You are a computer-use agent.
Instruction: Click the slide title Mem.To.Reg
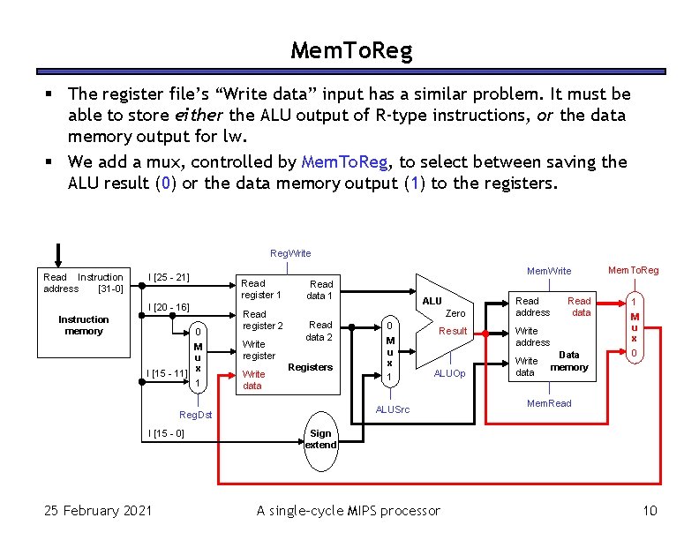click(x=351, y=51)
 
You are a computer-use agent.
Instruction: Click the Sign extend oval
click(x=320, y=439)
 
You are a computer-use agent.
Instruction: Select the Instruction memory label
click(x=84, y=325)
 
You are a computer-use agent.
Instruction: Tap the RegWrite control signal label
click(x=290, y=253)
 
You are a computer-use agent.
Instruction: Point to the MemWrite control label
click(x=548, y=271)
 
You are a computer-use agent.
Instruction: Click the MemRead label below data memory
click(x=548, y=403)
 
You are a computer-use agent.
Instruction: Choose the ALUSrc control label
click(x=393, y=409)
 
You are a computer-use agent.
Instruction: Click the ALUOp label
click(x=449, y=373)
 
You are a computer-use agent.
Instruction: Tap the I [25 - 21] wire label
click(x=170, y=278)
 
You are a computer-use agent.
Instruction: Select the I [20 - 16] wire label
click(x=169, y=307)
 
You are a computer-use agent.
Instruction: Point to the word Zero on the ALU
click(x=455, y=313)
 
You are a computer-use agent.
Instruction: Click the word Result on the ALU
click(x=453, y=331)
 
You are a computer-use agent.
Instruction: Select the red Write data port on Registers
click(x=253, y=379)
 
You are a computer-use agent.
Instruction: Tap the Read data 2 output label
click(x=319, y=331)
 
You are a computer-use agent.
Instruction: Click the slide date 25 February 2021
click(x=97, y=510)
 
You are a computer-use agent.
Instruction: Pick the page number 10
click(x=650, y=510)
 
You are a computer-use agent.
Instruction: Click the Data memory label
click(x=569, y=361)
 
